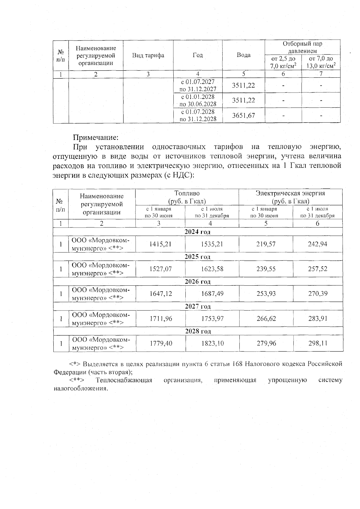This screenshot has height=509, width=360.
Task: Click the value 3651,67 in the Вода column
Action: tap(243, 115)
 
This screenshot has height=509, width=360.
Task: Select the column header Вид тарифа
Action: tap(148, 55)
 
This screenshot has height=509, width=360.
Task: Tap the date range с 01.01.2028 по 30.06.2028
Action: tap(198, 100)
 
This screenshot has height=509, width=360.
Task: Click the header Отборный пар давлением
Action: tap(302, 47)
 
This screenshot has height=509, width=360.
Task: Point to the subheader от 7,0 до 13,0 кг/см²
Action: tap(321, 62)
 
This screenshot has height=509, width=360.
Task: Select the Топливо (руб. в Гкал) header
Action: tap(187, 197)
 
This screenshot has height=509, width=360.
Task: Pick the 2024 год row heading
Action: tap(197, 232)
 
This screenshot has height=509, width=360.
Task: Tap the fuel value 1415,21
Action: tap(160, 244)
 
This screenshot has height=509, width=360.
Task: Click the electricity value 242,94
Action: tap(317, 244)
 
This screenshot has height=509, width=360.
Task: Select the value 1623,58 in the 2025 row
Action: tap(212, 269)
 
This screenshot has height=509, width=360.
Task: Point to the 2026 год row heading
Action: tap(197, 281)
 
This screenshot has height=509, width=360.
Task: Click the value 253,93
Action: tap(266, 294)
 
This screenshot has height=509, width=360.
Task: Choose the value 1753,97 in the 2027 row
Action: tap(212, 319)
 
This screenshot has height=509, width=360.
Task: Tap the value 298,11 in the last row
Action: tap(318, 343)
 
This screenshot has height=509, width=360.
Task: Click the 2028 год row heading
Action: tap(198, 331)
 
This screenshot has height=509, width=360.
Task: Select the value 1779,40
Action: tap(161, 343)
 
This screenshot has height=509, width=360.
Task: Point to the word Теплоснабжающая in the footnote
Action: tap(124, 380)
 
